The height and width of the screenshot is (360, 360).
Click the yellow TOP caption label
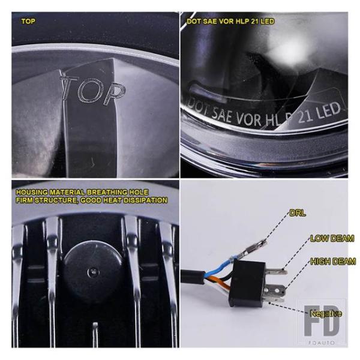(x=28, y=22)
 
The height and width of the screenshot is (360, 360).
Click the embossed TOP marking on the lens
(x=92, y=89)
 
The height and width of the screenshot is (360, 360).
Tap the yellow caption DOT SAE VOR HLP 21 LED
(x=230, y=22)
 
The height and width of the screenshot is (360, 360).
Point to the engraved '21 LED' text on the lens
(x=319, y=113)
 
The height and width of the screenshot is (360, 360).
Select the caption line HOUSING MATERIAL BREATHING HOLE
(x=82, y=192)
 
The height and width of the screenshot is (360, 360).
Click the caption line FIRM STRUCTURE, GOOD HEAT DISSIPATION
(x=92, y=200)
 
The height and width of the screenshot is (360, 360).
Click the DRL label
(x=298, y=213)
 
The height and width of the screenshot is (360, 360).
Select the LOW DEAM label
(x=332, y=239)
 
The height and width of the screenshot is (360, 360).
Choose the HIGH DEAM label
(x=333, y=261)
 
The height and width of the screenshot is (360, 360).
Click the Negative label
(x=326, y=313)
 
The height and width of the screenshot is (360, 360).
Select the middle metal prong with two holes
(x=275, y=291)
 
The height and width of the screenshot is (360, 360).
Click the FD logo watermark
(x=322, y=321)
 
